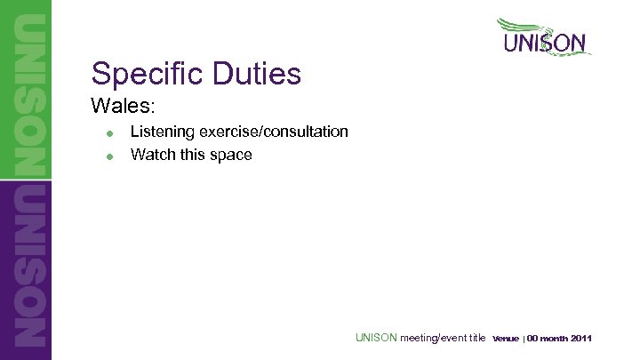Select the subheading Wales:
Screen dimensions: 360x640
pyautogui.click(x=124, y=106)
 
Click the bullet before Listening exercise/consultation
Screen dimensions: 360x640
pyautogui.click(x=108, y=133)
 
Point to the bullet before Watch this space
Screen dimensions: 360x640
pyautogui.click(x=108, y=156)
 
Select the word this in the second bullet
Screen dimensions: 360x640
pyautogui.click(x=190, y=155)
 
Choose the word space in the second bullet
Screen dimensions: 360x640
pyautogui.click(x=230, y=156)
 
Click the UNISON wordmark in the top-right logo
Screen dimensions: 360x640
pyautogui.click(x=545, y=44)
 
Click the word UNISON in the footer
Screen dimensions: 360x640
pyautogui.click(x=376, y=338)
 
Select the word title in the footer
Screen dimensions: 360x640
pyautogui.click(x=477, y=338)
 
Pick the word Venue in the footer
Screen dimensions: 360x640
pyautogui.click(x=506, y=339)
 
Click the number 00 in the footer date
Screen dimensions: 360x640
pyautogui.click(x=534, y=339)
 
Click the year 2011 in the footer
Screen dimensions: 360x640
pyautogui.click(x=582, y=339)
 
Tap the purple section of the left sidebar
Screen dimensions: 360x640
pyautogui.click(x=26, y=267)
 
